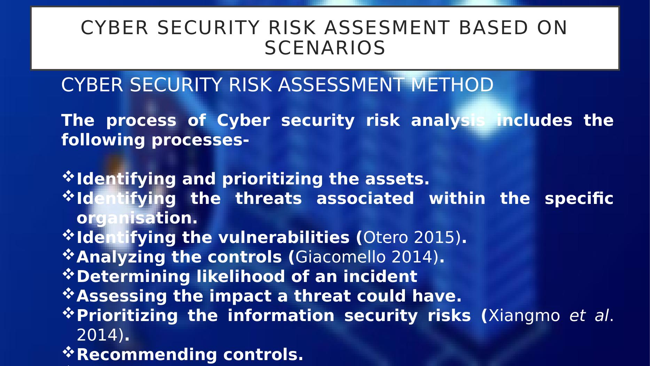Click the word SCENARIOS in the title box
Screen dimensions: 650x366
pyautogui.click(x=325, y=48)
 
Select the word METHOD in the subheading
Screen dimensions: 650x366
pyautogui.click(x=452, y=85)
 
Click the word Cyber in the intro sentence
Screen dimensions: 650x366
pyautogui.click(x=243, y=121)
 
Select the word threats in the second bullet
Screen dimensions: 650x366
pyautogui.click(x=268, y=199)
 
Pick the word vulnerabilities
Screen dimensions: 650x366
pyautogui.click(x=284, y=238)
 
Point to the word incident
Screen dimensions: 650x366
pyautogui.click(x=380, y=277)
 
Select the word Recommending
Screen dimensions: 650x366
pyautogui.click(x=147, y=355)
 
